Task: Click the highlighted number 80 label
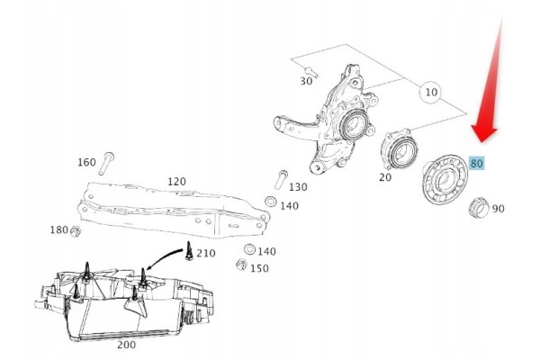tap(477, 163)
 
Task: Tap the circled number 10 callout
tap(431, 92)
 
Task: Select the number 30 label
tap(306, 81)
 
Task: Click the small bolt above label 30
tap(311, 72)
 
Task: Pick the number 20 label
tap(385, 177)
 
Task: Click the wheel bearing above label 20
tap(400, 148)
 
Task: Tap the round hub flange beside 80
tap(445, 180)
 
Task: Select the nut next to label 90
tap(479, 208)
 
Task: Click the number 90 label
tap(498, 209)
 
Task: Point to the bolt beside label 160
tap(106, 163)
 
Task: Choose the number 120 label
tap(176, 181)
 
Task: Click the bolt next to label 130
tap(281, 179)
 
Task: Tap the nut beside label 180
tap(76, 231)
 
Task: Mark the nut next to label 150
tap(241, 265)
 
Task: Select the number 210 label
tap(206, 253)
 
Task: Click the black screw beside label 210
tap(188, 251)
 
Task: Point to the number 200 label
tap(126, 345)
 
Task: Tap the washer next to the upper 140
tap(270, 202)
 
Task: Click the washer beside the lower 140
tap(249, 249)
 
